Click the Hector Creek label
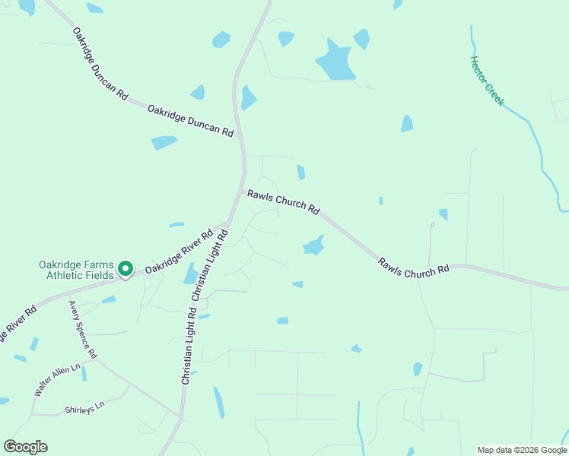pyautogui.click(x=487, y=81)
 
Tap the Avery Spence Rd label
pyautogui.click(x=83, y=330)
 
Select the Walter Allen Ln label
pyautogui.click(x=57, y=380)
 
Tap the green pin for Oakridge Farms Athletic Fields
pyautogui.click(x=125, y=269)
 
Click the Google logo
pyautogui.click(x=25, y=447)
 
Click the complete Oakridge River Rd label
pyautogui.click(x=179, y=252)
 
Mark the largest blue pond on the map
pyautogui.click(x=335, y=60)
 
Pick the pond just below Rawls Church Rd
pyautogui.click(x=313, y=246)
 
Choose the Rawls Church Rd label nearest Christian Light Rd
pyautogui.click(x=283, y=201)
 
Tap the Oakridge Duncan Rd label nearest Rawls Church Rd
pyautogui.click(x=190, y=120)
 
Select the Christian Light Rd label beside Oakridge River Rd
pyautogui.click(x=211, y=265)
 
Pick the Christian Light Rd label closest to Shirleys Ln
pyautogui.click(x=189, y=346)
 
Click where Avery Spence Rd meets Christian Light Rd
pyautogui.click(x=180, y=416)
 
